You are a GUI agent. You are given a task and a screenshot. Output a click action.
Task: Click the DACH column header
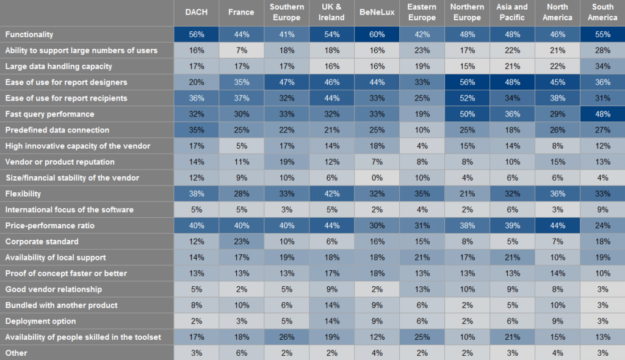pyautogui.click(x=196, y=12)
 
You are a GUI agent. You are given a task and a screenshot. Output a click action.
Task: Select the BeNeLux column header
pyautogui.click(x=377, y=12)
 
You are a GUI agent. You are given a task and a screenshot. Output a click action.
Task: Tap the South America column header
pyautogui.click(x=602, y=12)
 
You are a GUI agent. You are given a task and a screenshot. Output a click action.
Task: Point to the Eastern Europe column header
pyautogui.click(x=422, y=12)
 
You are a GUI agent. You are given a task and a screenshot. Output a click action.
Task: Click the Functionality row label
pyautogui.click(x=29, y=35)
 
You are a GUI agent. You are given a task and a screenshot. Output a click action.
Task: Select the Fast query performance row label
pyautogui.click(x=49, y=114)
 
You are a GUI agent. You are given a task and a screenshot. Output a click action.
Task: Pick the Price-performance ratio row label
pyautogui.click(x=49, y=225)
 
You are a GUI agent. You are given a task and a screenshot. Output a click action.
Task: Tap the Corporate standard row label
pyautogui.click(x=42, y=241)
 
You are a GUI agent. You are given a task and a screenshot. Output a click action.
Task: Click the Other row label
pyautogui.click(x=16, y=353)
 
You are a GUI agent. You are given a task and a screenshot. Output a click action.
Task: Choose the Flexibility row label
pyautogui.click(x=23, y=193)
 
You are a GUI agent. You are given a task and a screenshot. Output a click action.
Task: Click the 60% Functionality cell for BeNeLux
pyautogui.click(x=377, y=35)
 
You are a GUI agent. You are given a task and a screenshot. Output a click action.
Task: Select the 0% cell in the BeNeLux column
pyautogui.click(x=377, y=178)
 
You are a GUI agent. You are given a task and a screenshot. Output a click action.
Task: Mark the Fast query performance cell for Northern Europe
pyautogui.click(x=467, y=114)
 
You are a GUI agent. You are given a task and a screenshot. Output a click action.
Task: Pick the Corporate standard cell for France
pyautogui.click(x=241, y=241)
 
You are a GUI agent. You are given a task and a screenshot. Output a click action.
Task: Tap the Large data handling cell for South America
pyautogui.click(x=602, y=67)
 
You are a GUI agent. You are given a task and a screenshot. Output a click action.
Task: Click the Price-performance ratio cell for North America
pyautogui.click(x=557, y=225)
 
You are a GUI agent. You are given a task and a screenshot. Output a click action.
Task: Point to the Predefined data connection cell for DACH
pyautogui.click(x=196, y=130)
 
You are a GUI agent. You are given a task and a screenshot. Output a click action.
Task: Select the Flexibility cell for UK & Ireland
pyautogui.click(x=331, y=193)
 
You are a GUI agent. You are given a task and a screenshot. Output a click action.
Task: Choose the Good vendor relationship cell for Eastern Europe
pyautogui.click(x=422, y=289)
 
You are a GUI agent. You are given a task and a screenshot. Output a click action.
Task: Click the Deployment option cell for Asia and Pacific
pyautogui.click(x=512, y=321)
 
